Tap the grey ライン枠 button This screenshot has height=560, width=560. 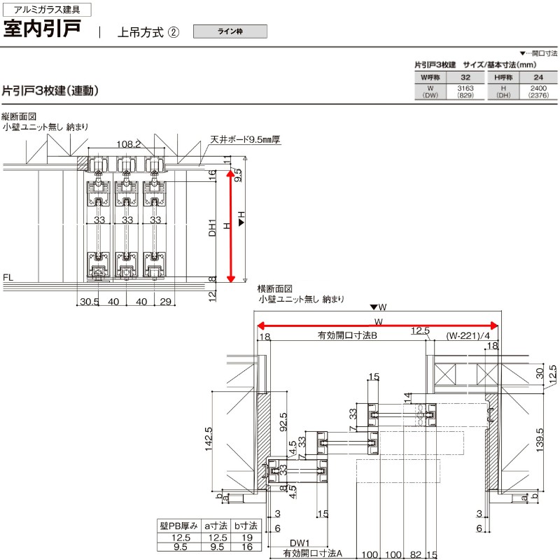click(230, 31)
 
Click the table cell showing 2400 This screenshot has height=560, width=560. click(538, 88)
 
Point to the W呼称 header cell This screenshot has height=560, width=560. click(430, 76)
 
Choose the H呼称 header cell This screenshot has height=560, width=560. click(503, 76)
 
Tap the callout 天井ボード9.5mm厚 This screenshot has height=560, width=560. click(244, 140)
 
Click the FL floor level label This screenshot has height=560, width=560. click(8, 278)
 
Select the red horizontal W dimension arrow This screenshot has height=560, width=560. click(378, 325)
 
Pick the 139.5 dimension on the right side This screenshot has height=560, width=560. click(538, 440)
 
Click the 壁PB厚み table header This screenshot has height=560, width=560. click(179, 524)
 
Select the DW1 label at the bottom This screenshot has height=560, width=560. click(299, 541)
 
